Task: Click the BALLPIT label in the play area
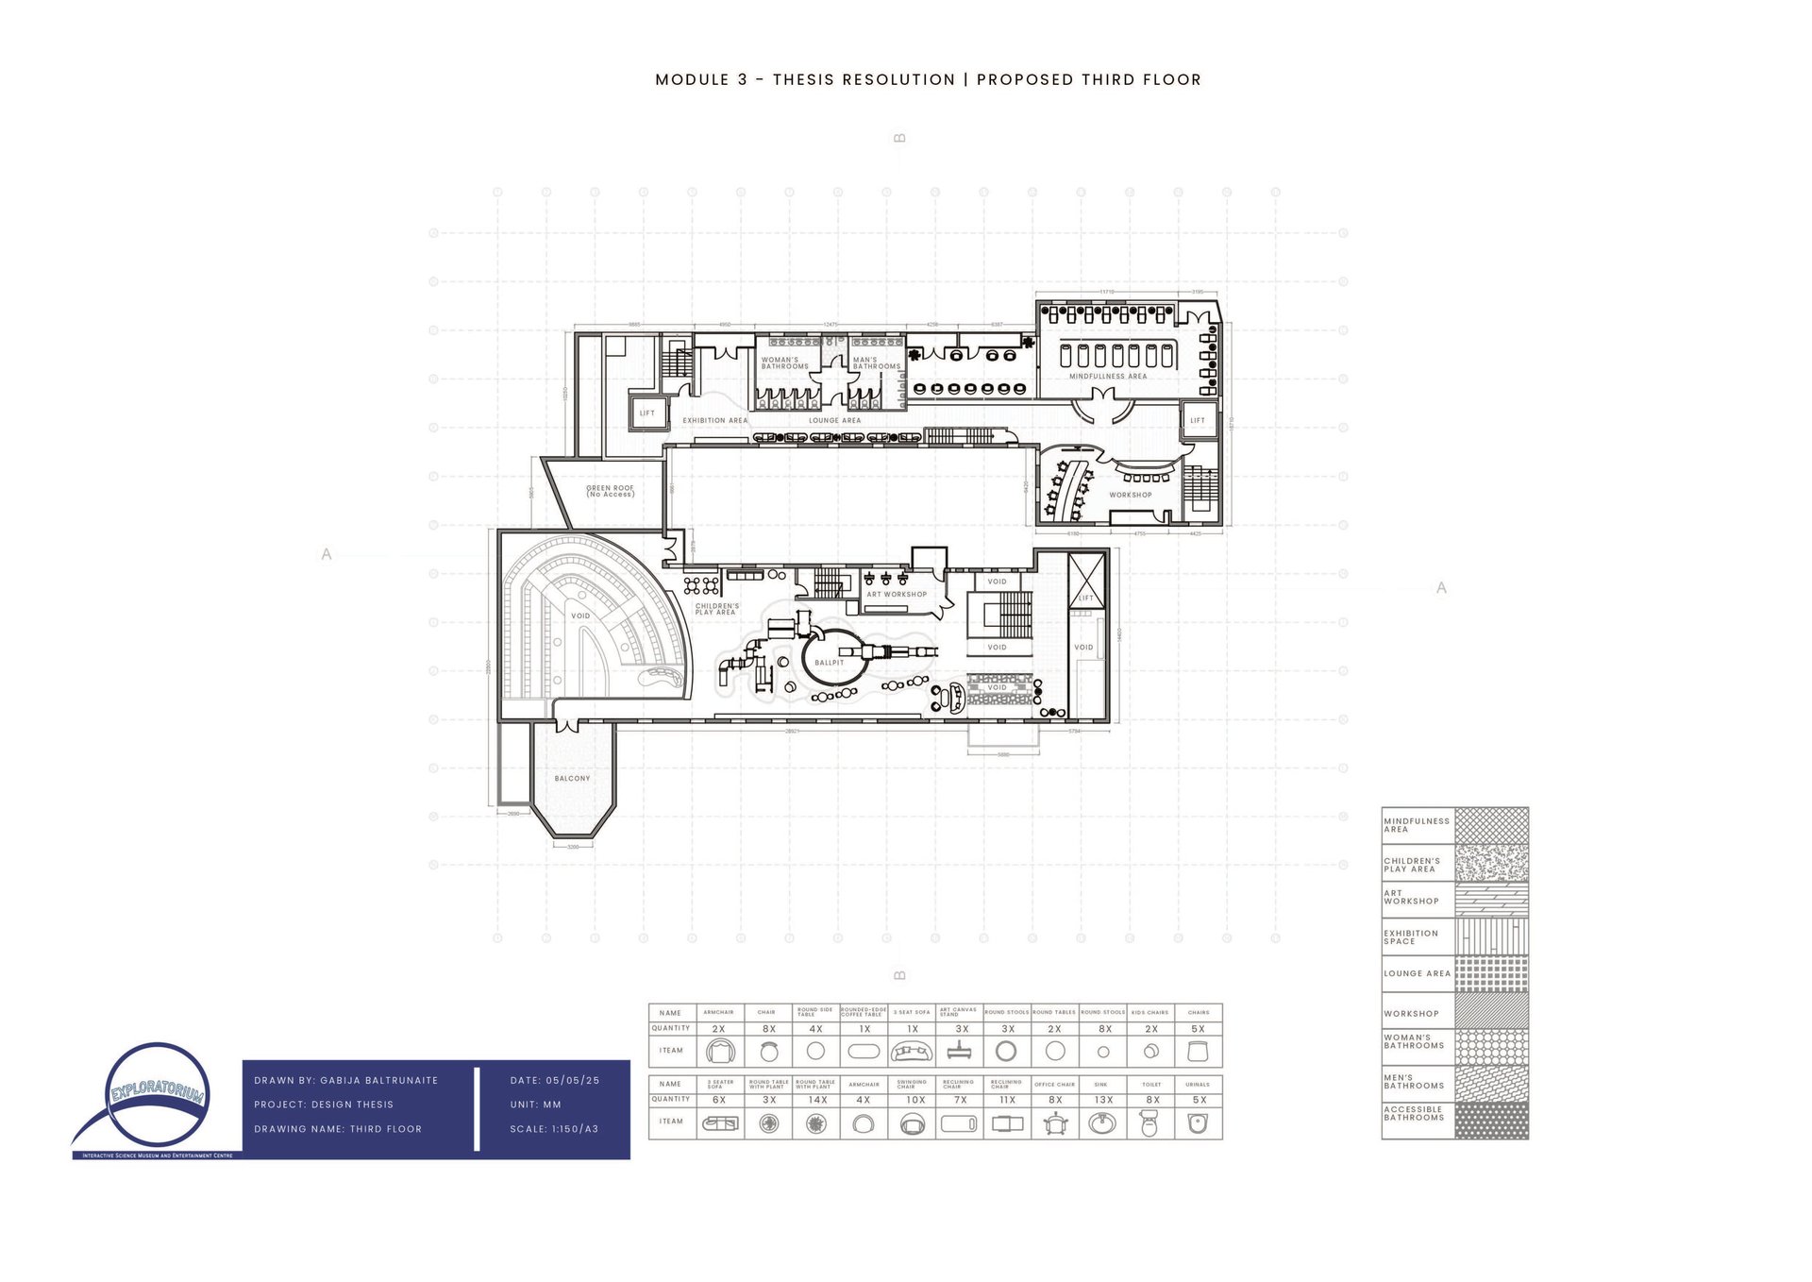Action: point(830,663)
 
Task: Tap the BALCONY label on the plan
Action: point(572,779)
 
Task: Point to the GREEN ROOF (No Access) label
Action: point(611,491)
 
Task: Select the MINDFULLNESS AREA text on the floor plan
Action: point(1108,377)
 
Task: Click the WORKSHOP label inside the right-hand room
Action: point(1130,495)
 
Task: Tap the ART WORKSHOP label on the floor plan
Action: point(897,595)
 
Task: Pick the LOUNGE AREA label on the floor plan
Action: point(834,421)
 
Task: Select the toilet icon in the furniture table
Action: point(1149,1123)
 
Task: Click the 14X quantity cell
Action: point(817,1100)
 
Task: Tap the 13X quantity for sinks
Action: point(1103,1100)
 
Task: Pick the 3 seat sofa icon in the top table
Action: point(912,1051)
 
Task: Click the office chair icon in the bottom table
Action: point(1055,1123)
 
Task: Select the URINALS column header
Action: point(1198,1085)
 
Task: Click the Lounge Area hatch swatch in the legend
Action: point(1491,974)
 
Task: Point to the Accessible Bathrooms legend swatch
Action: point(1491,1121)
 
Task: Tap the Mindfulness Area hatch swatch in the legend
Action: point(1491,825)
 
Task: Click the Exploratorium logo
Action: point(157,1101)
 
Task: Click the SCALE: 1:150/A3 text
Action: point(554,1129)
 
